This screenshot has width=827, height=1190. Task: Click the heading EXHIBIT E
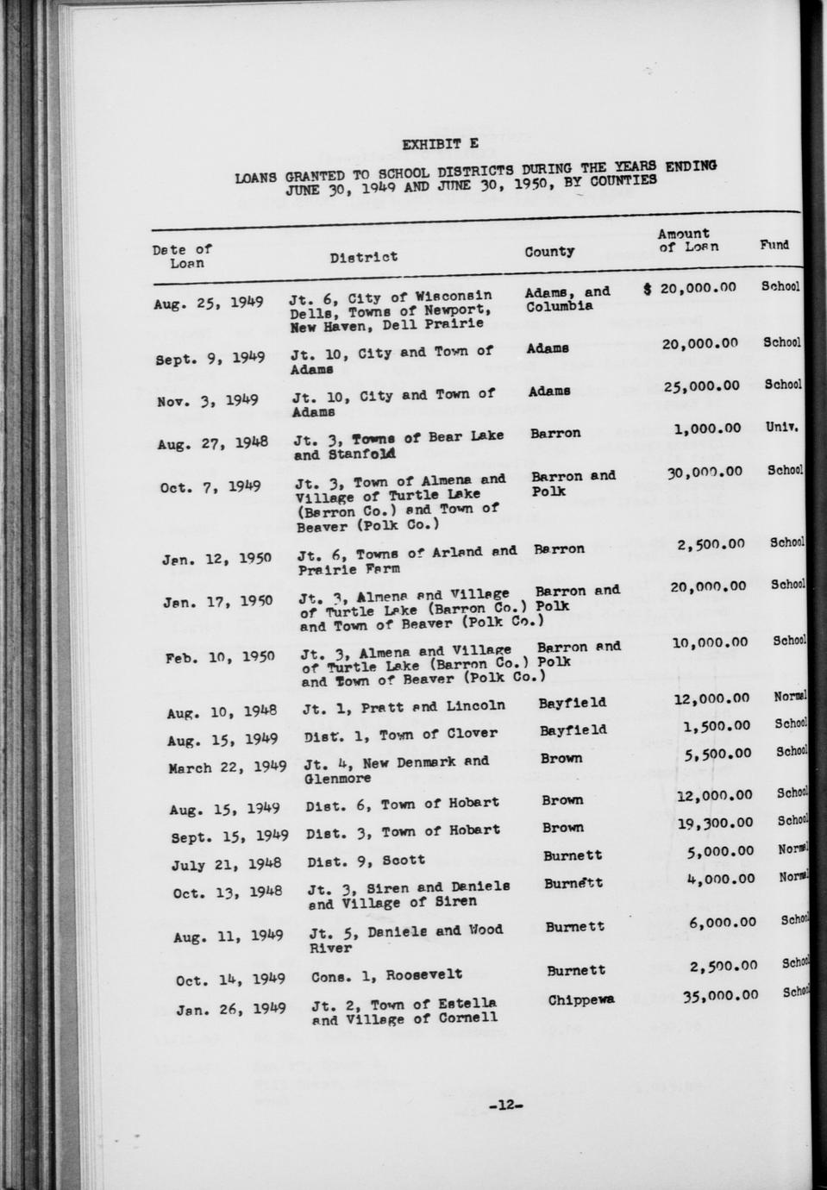click(x=440, y=144)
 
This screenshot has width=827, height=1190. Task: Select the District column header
click(x=363, y=257)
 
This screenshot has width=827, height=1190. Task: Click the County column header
click(x=549, y=252)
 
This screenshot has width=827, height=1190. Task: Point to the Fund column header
click(x=774, y=245)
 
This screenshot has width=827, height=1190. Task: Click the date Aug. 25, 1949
click(x=208, y=304)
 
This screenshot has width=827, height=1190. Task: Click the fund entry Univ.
click(x=781, y=426)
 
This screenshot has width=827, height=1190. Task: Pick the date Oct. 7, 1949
click(x=211, y=487)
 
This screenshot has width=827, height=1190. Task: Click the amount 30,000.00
click(x=705, y=472)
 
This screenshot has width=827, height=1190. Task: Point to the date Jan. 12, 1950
click(x=216, y=559)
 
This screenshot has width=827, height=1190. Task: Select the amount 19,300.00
click(x=715, y=824)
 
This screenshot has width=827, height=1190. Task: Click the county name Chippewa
click(x=580, y=1000)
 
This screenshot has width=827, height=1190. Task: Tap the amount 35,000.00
click(x=720, y=995)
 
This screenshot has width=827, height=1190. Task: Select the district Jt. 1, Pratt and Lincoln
click(x=404, y=707)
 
